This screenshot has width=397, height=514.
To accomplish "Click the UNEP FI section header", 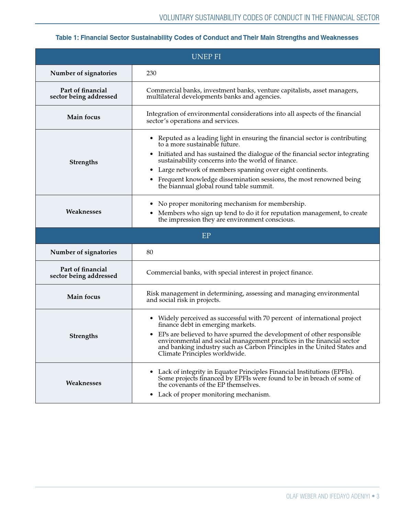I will (x=206, y=57).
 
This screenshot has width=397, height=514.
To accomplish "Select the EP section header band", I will (x=206, y=236).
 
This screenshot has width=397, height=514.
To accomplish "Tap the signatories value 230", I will (x=151, y=73).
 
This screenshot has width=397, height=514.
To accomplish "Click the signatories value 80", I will (x=150, y=252).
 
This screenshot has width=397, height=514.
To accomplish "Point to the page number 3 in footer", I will (x=378, y=496).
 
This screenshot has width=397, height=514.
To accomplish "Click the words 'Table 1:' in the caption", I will (x=67, y=38).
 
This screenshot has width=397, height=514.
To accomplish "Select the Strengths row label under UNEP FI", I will (x=83, y=162).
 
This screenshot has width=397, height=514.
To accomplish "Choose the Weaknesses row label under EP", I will (x=83, y=383).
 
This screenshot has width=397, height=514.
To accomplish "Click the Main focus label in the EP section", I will (x=83, y=297).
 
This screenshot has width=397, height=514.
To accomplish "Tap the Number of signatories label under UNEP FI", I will (x=83, y=73).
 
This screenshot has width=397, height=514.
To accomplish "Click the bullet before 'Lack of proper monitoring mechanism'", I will (x=152, y=395).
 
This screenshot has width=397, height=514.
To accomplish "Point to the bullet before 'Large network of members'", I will (x=152, y=170).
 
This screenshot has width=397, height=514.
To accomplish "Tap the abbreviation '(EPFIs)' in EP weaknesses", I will (x=342, y=372).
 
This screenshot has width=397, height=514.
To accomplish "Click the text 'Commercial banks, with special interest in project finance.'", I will (x=229, y=272).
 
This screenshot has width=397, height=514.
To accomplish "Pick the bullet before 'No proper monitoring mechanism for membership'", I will (x=152, y=204).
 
